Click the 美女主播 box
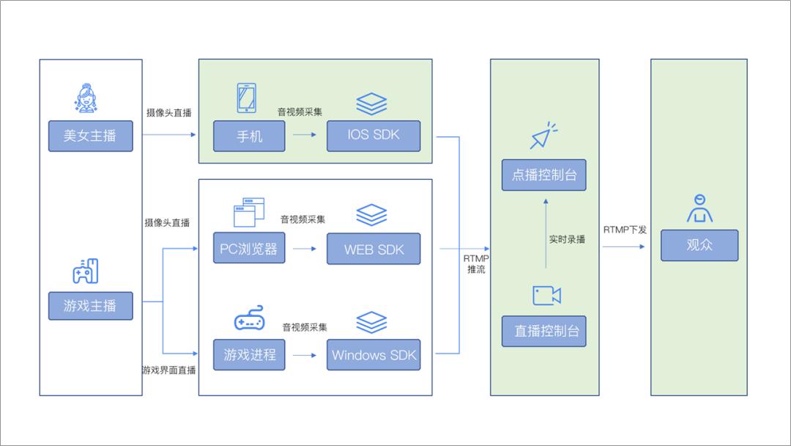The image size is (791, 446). pos(90,136)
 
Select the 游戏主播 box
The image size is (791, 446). pos(90,305)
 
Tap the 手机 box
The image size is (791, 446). pos(249,136)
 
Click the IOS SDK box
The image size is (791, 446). pos(374,136)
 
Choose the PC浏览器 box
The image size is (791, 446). pos(249,249)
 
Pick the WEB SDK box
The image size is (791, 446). pos(374,249)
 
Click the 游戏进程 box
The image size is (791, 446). pos(249,355)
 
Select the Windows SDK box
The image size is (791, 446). pos(374,355)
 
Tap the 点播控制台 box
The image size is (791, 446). pos(544,175)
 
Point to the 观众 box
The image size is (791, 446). pos(699,246)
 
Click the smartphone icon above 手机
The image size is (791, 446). pos(246,98)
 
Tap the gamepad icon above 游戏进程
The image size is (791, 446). pos(249,319)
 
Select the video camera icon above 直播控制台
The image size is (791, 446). pos(546,296)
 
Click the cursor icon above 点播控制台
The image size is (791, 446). pos(543,136)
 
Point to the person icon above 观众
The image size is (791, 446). pos(699,208)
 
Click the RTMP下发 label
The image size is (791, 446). pos(625,230)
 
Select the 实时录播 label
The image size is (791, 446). pos(567,239)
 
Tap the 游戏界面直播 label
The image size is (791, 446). pos(169,370)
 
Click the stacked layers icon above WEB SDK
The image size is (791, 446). pos(371,215)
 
